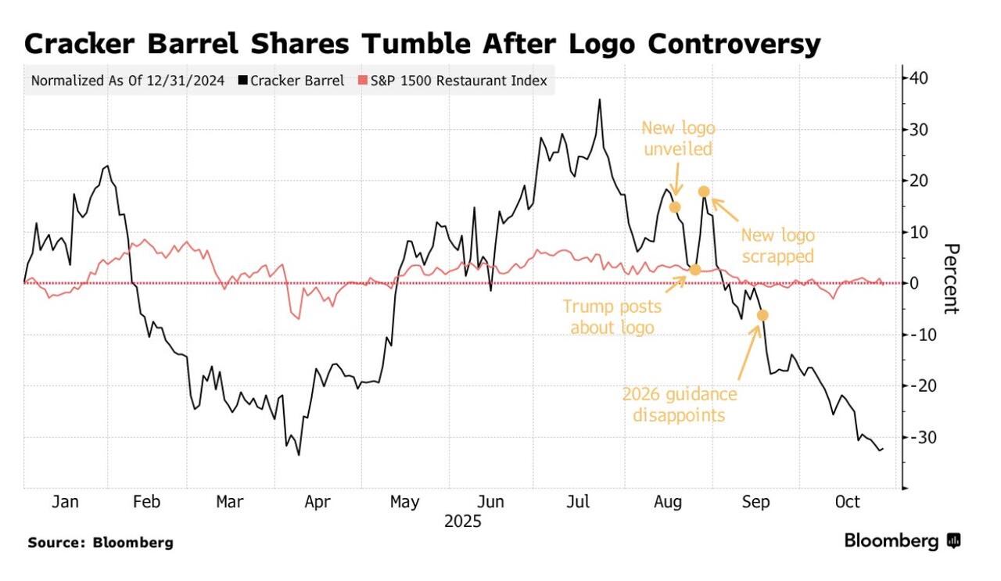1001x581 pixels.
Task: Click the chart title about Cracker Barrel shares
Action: pos(422,44)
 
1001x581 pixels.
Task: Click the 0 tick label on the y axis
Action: pos(915,283)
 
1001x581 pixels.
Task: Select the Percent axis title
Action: pos(951,278)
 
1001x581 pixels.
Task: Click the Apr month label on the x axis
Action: pos(318,502)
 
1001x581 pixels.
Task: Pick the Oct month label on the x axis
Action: pos(847,502)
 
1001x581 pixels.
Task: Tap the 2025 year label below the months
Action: pos(462,521)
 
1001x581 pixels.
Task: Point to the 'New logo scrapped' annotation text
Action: pos(777,246)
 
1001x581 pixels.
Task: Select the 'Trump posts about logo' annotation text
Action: pos(611,317)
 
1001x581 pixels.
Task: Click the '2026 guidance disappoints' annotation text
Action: pos(679,404)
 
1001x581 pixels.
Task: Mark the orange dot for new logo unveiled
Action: pos(675,207)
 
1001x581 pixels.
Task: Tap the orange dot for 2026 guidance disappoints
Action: pos(763,315)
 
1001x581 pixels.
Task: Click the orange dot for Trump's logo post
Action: pos(695,270)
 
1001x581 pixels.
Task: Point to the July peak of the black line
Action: pos(600,100)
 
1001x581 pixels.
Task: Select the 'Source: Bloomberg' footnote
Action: pos(101,542)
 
